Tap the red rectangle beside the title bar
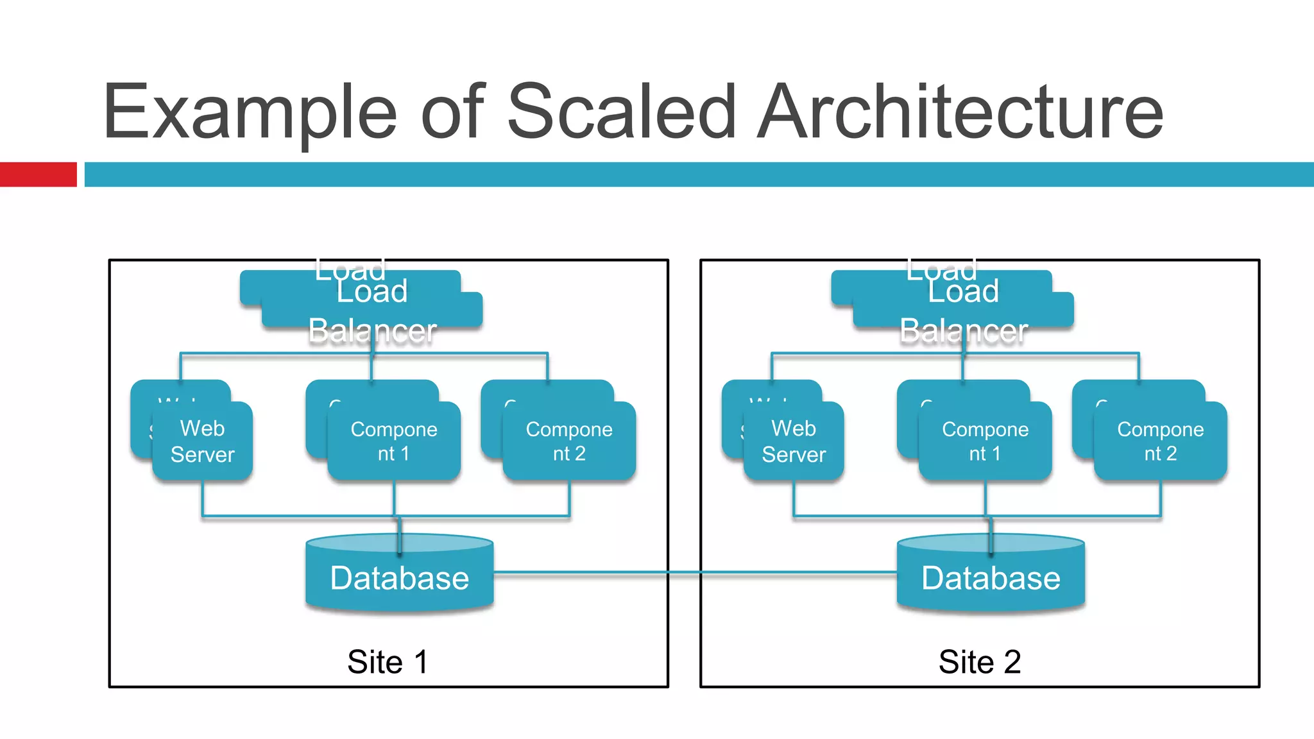[38, 174]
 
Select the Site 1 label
[388, 661]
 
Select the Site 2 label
[979, 661]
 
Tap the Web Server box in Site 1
[203, 441]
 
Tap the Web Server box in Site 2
[794, 441]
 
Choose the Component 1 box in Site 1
[394, 441]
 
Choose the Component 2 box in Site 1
[569, 441]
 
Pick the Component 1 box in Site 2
[985, 441]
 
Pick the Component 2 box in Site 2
[1161, 441]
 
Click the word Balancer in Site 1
[372, 331]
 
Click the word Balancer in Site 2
[964, 331]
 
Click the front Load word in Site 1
[372, 292]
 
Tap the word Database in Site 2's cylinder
[991, 578]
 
